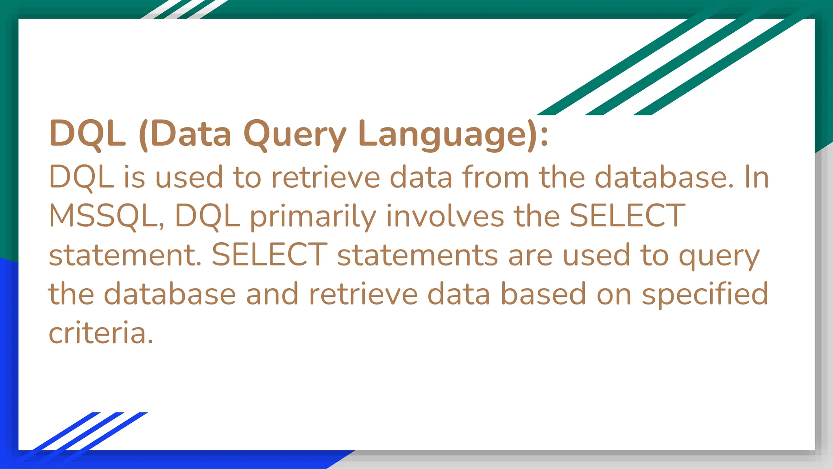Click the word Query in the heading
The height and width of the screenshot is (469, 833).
[x=295, y=134]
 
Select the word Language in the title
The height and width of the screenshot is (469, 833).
[x=442, y=134]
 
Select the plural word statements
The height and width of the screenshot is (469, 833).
[x=417, y=255]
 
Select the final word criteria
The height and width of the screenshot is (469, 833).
[x=100, y=333]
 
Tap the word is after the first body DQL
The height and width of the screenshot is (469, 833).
[x=134, y=177]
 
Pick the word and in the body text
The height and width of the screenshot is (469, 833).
[x=272, y=294]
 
